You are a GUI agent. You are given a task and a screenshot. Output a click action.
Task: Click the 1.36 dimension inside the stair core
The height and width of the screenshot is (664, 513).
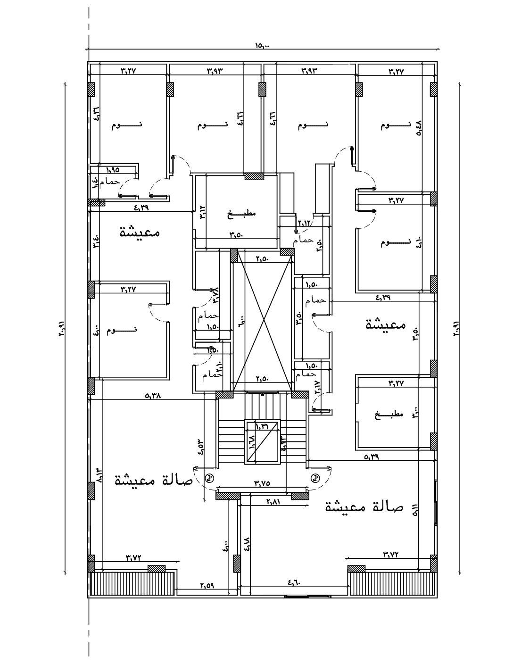point(262,426)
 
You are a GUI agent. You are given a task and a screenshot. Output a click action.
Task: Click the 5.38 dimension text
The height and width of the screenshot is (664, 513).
point(153,396)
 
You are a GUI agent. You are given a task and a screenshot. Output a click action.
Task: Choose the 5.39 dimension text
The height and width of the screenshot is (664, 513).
point(372,456)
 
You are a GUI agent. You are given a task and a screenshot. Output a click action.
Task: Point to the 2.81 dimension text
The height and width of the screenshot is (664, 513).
point(273,502)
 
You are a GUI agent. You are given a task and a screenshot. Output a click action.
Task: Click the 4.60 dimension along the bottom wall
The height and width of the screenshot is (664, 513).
point(293,583)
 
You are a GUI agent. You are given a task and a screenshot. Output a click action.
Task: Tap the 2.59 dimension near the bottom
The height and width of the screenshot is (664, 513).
point(207,586)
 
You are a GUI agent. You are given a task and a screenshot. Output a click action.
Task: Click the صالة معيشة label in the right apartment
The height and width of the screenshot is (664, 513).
point(364,507)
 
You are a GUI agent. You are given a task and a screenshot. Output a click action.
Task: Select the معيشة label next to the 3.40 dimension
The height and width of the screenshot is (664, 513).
point(140,232)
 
